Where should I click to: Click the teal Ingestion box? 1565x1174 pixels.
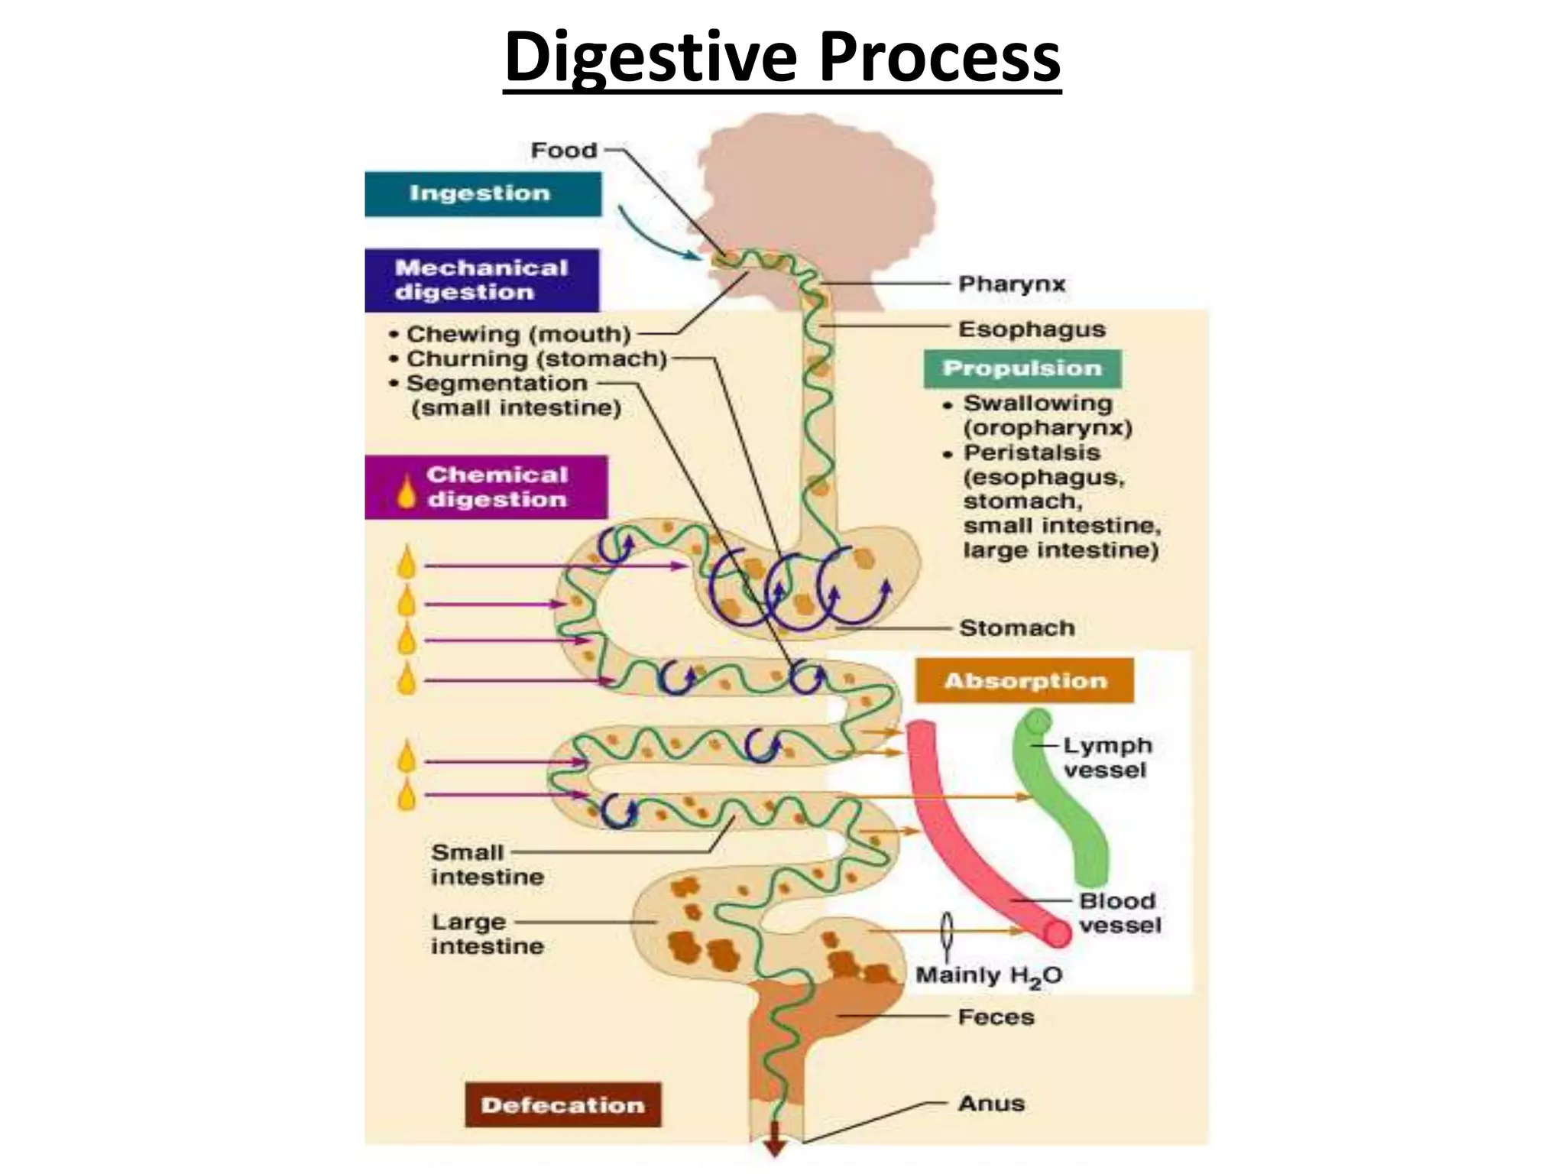(x=482, y=194)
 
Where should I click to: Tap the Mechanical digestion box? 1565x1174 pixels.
(x=482, y=281)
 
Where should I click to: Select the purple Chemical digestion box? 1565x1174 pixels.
(x=486, y=488)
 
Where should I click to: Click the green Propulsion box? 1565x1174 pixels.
(x=1022, y=368)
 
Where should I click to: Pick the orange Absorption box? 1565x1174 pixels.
(x=1025, y=681)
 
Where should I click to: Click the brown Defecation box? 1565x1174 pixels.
(x=563, y=1104)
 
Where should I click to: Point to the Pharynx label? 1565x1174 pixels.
(x=1011, y=284)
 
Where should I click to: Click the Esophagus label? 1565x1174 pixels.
(x=1032, y=329)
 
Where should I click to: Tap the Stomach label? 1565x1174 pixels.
(x=1016, y=628)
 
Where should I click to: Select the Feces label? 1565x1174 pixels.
(x=996, y=1017)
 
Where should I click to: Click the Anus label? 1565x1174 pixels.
(x=991, y=1103)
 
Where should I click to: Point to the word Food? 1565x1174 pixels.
(x=563, y=151)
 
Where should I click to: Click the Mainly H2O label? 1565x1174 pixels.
(x=988, y=976)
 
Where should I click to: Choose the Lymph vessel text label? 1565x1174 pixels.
(x=1107, y=757)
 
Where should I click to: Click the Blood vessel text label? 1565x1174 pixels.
(x=1119, y=913)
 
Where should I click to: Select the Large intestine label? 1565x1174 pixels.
(x=487, y=934)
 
